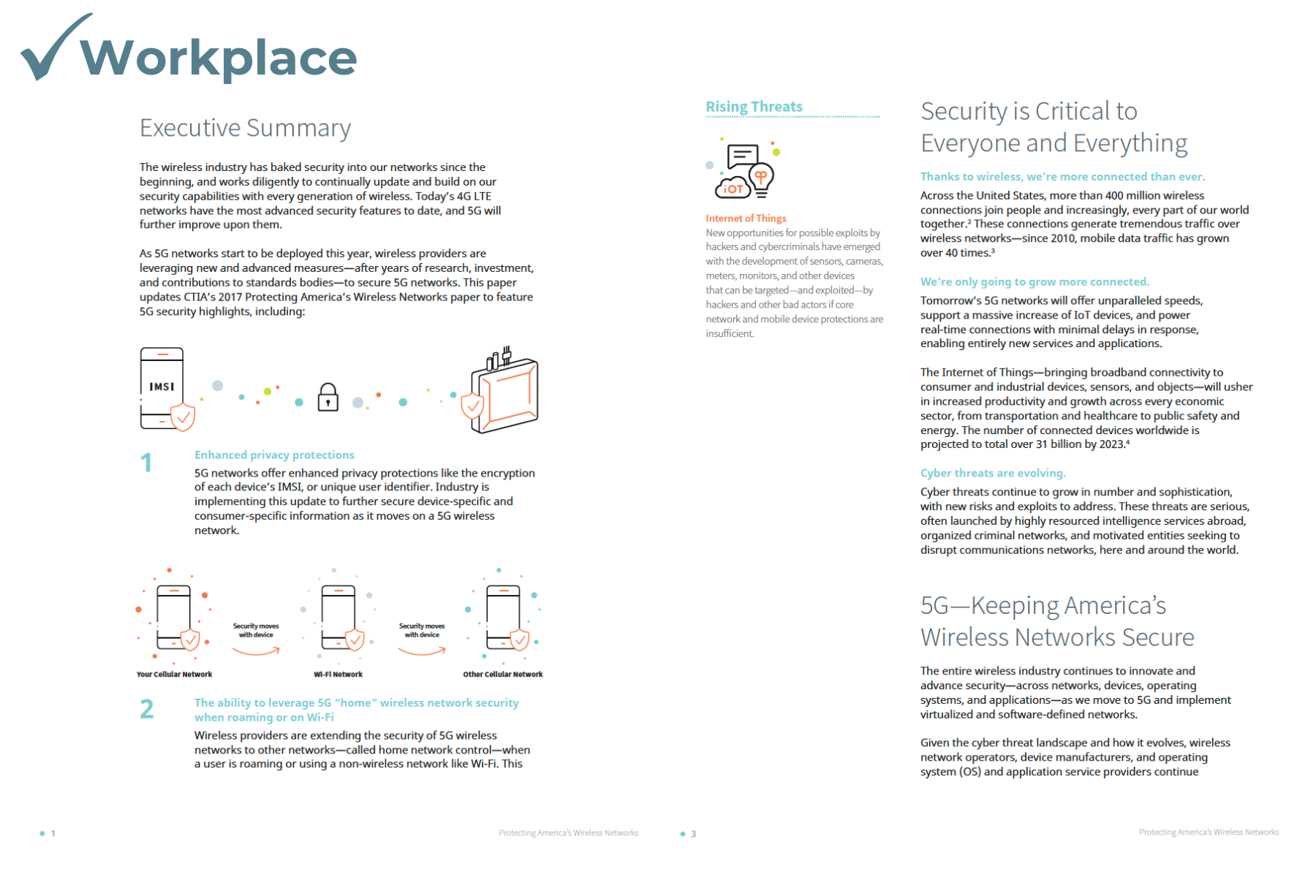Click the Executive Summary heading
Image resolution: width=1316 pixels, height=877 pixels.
[x=245, y=128]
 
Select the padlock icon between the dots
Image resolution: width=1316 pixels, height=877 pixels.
[x=328, y=398]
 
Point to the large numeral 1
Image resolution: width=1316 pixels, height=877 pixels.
[x=146, y=463]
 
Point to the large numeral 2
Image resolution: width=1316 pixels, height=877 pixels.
[x=147, y=709]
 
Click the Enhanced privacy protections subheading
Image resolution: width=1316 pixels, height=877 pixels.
[x=274, y=455]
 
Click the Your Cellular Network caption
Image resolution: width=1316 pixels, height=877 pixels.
[x=174, y=675]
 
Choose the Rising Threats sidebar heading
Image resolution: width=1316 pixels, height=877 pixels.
[x=754, y=107]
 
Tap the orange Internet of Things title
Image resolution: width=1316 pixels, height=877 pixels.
[x=746, y=218]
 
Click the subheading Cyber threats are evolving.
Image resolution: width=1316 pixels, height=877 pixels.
[x=993, y=473]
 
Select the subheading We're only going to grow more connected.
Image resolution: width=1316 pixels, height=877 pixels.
[x=1035, y=281]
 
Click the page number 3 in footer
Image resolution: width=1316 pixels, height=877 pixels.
[x=693, y=834]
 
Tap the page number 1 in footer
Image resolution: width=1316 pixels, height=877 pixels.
[x=53, y=833]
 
